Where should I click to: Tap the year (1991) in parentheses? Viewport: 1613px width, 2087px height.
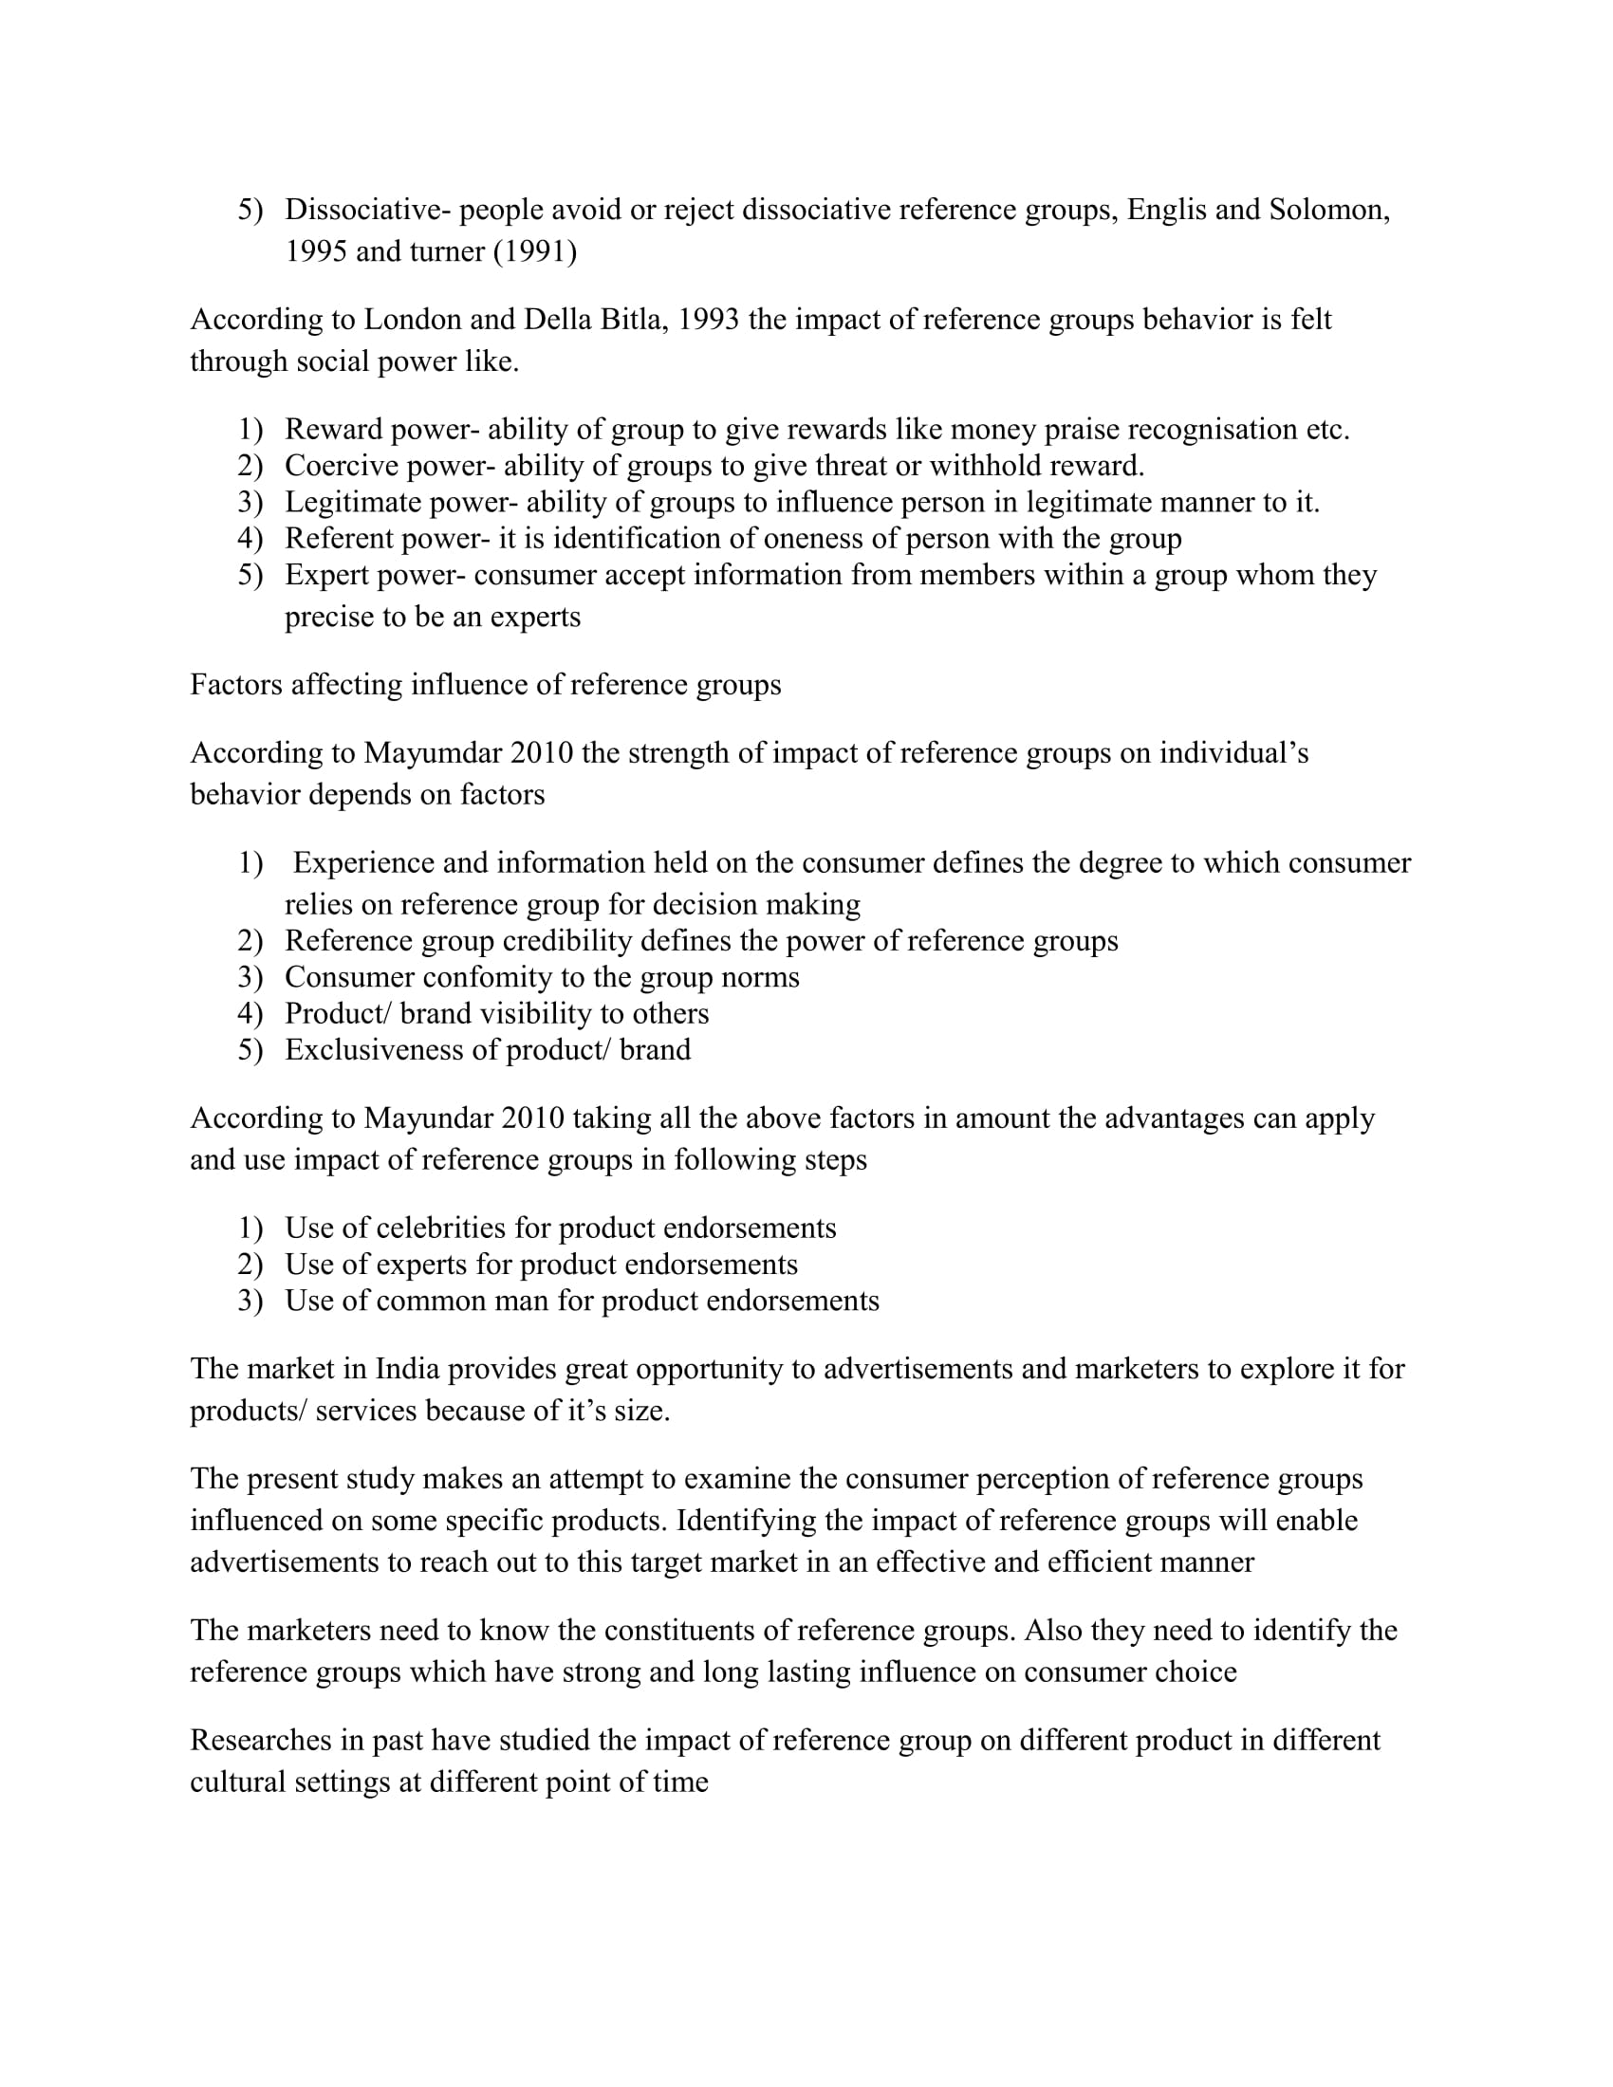pos(535,251)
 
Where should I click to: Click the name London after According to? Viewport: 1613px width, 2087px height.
pos(412,319)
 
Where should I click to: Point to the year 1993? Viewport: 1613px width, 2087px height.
pos(708,319)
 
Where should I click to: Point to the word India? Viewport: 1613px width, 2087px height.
pos(407,1369)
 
